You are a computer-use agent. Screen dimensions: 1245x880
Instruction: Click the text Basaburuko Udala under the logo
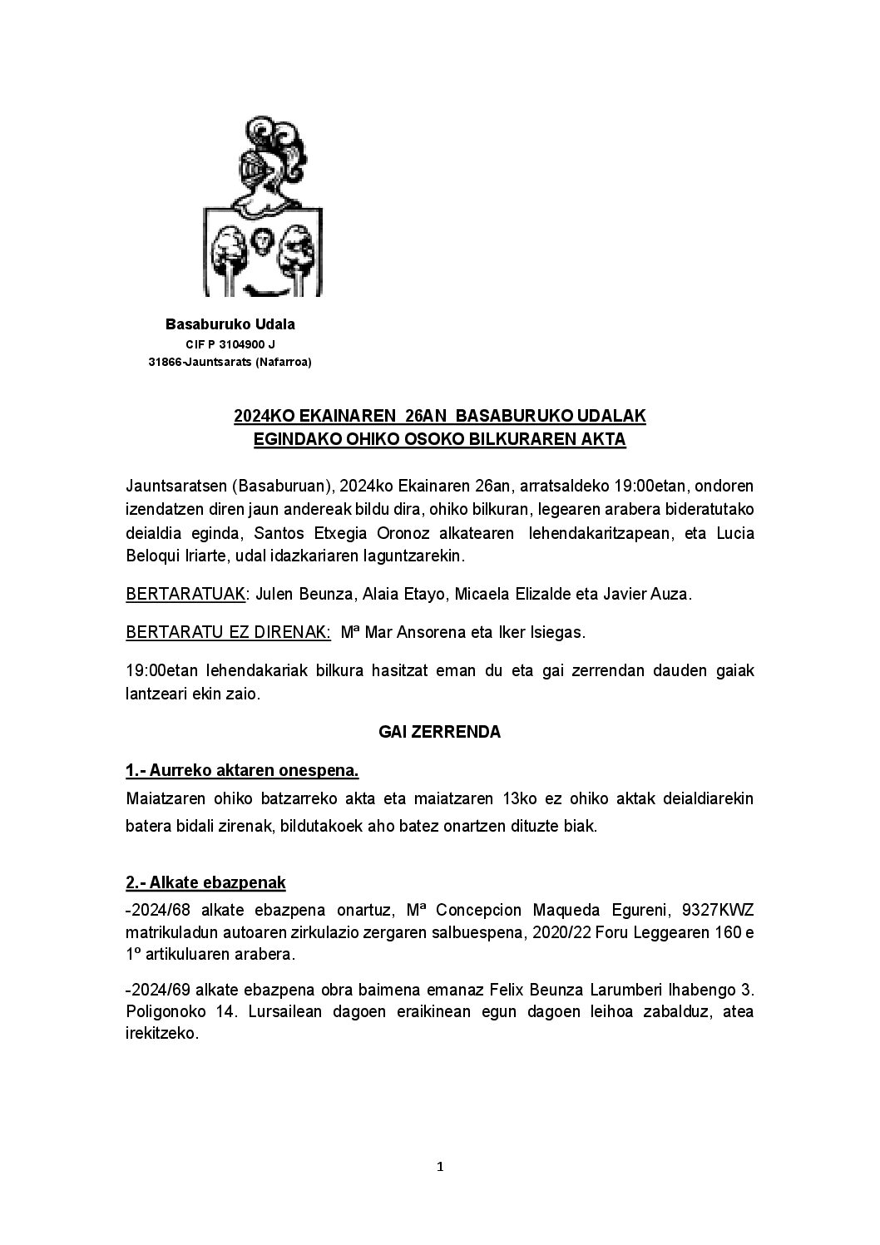tap(230, 324)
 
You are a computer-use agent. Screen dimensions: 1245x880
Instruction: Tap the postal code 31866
tap(165, 362)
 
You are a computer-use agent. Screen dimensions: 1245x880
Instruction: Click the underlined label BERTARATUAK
tap(185, 595)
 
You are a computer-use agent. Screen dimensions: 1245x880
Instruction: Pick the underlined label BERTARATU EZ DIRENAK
tap(229, 633)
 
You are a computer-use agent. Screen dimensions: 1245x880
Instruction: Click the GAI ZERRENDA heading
tap(439, 733)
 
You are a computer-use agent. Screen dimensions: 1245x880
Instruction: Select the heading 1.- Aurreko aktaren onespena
tap(242, 771)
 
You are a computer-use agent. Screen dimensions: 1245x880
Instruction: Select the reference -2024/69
tap(156, 991)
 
